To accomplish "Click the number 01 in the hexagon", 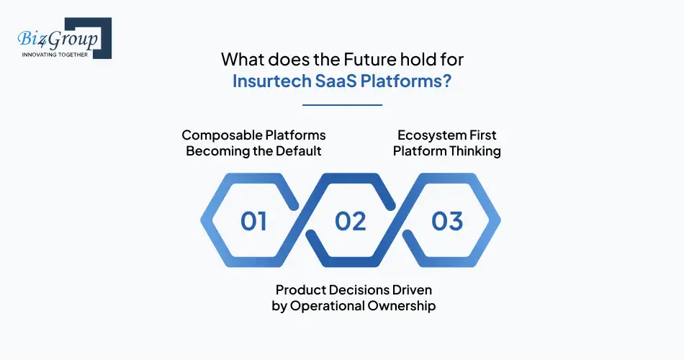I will pyautogui.click(x=253, y=221).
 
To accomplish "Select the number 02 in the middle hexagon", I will pyautogui.click(x=351, y=221).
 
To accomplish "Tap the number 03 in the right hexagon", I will pyautogui.click(x=447, y=221).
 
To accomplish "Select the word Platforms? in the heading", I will pyautogui.click(x=406, y=81).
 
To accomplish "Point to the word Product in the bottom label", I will pyautogui.click(x=302, y=289).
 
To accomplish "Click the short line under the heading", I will pyautogui.click(x=342, y=105).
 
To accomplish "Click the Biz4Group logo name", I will pyautogui.click(x=60, y=37).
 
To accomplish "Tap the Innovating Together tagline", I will pyautogui.click(x=55, y=54).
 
